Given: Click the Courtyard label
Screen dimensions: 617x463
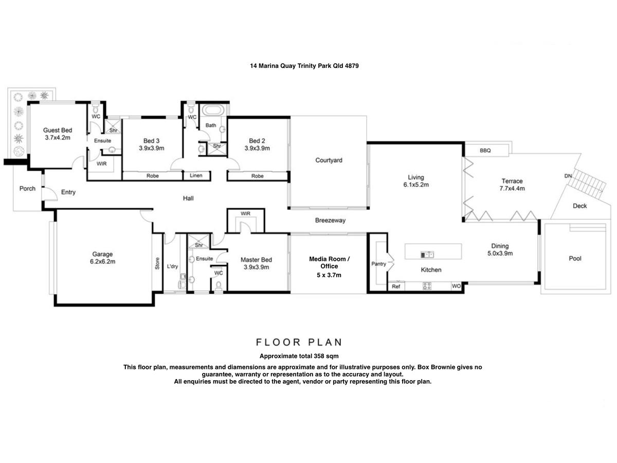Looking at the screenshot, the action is [x=329, y=160].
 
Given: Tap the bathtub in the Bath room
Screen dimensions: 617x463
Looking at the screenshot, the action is [x=213, y=110].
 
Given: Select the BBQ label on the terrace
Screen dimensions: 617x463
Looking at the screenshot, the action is [x=485, y=151].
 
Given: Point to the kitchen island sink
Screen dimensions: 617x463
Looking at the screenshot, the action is [x=427, y=255].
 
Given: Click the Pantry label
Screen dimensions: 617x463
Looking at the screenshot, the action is [x=378, y=264].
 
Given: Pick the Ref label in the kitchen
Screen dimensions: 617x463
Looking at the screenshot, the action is [x=396, y=287].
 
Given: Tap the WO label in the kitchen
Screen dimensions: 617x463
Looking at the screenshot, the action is [x=456, y=286].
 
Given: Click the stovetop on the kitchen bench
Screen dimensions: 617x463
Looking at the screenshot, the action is [x=427, y=286].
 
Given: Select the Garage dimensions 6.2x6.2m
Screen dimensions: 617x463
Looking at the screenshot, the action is [x=103, y=262].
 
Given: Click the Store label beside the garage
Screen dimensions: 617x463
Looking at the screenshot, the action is [x=157, y=263].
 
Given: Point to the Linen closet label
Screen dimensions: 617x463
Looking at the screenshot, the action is [x=196, y=176].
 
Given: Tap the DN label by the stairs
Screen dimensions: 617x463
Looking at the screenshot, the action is [x=568, y=176].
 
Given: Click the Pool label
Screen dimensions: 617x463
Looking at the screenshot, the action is [x=575, y=258].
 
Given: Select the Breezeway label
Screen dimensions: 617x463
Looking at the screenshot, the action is [x=330, y=220].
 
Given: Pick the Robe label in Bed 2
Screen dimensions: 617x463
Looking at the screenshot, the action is [x=257, y=176].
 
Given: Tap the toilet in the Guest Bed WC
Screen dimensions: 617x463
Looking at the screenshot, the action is [x=95, y=108].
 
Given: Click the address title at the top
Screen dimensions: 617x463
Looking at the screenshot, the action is [x=304, y=66].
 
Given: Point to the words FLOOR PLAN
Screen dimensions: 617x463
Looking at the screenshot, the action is [x=299, y=343].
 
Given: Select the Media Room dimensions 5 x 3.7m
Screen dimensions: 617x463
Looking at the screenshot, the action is [x=329, y=275].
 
